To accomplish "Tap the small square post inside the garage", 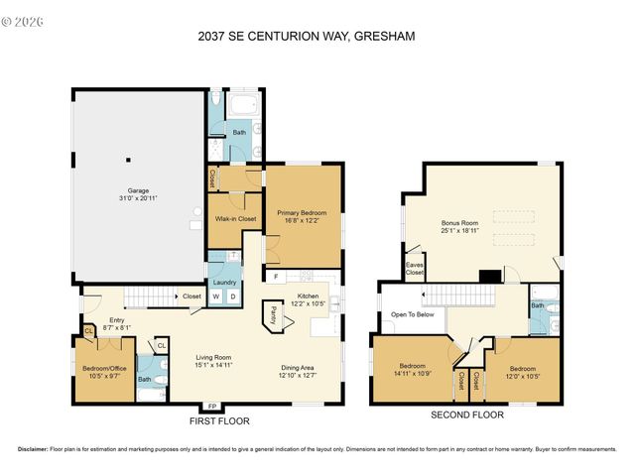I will click(128, 159).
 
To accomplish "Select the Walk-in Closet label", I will click(234, 218).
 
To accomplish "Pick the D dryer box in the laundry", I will click(233, 296).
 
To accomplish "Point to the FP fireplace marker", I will click(211, 407).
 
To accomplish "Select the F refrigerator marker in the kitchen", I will click(276, 275).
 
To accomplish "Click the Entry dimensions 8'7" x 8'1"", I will click(117, 327).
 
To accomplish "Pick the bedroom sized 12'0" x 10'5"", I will click(522, 373).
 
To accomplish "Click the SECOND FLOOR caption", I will click(460, 416).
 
